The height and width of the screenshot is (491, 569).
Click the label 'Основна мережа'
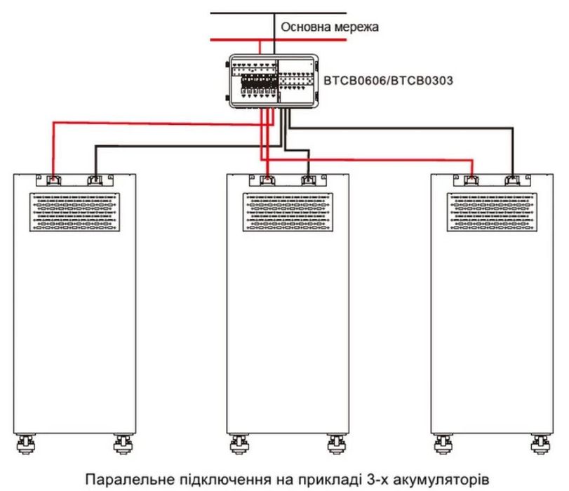[330, 27]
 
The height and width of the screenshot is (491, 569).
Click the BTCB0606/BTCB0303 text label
[387, 81]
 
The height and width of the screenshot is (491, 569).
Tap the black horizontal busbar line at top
[281, 13]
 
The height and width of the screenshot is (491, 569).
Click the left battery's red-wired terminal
[53, 180]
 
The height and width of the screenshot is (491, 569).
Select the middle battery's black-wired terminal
[307, 180]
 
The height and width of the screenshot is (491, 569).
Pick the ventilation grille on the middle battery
[288, 212]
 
